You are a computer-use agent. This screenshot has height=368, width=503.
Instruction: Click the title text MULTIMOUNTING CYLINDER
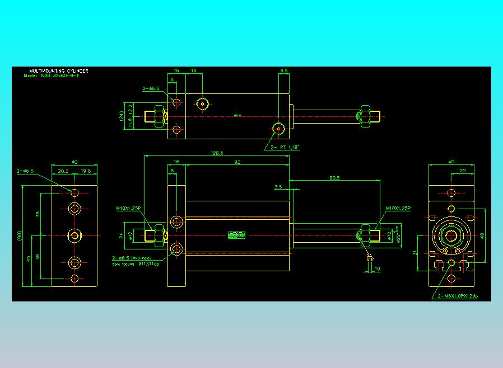tap(59, 71)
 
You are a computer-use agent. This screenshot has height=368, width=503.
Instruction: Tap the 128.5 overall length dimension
tap(217, 153)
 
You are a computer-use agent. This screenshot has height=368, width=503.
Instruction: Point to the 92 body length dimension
tap(237, 162)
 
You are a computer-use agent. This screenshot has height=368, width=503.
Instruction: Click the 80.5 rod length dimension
tap(335, 177)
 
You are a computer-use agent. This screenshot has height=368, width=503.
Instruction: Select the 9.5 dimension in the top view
tap(284, 71)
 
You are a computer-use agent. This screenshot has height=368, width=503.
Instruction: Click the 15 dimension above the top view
tap(194, 71)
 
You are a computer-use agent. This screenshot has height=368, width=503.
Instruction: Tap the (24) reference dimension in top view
tap(122, 116)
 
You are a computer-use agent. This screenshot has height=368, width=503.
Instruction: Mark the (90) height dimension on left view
tap(20, 236)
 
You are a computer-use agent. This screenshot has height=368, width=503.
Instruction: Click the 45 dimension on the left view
tap(29, 258)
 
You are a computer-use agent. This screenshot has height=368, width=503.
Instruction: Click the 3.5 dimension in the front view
tap(278, 187)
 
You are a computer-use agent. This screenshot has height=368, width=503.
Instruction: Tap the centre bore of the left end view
tap(74, 236)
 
